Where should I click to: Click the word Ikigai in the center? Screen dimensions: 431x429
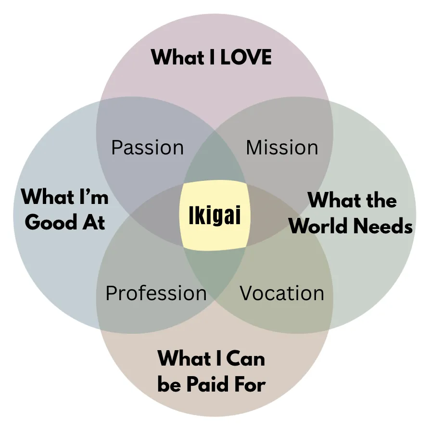pos(214,215)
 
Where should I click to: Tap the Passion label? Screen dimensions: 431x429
pos(147,148)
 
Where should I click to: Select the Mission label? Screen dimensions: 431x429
pos(282,148)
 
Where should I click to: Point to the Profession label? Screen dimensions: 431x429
pos(156,293)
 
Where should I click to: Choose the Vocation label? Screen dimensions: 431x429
pos(282,293)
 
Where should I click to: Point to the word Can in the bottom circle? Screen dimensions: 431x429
pos(243,358)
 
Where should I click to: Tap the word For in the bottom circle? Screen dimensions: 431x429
pos(250,385)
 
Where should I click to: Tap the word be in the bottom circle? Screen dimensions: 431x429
pos(169,385)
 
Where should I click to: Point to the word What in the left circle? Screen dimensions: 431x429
pos(45,196)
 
